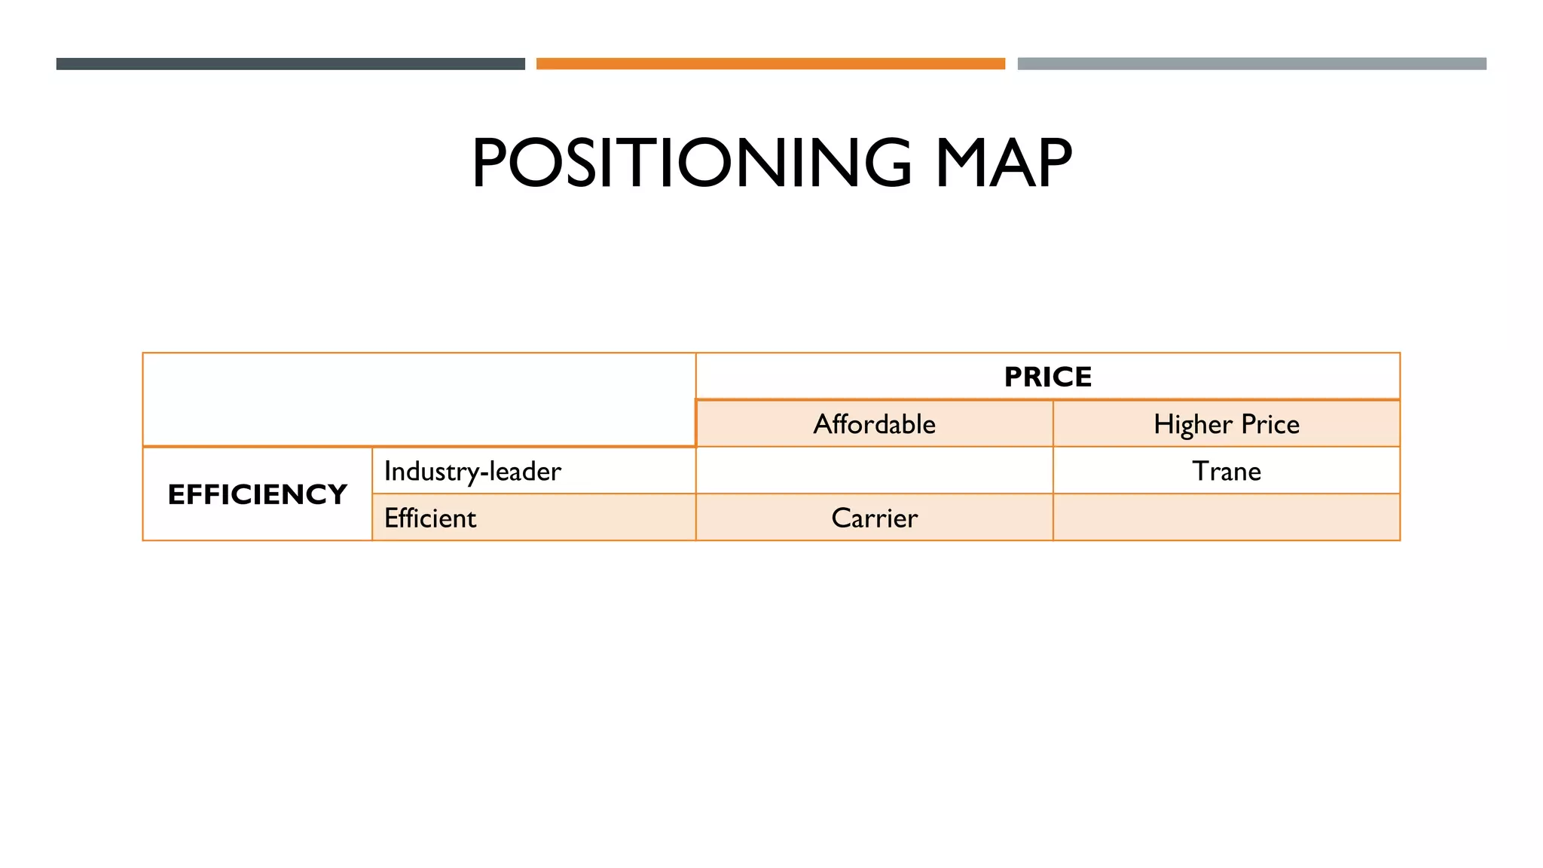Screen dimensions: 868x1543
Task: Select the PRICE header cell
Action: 1047,376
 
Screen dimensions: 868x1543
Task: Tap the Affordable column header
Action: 874,424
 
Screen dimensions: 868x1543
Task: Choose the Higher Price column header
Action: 1226,424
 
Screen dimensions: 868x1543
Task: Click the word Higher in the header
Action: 1193,425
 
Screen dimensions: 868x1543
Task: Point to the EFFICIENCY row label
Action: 257,494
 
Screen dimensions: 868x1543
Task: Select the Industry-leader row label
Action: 472,472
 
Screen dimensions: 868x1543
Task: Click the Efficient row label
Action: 430,518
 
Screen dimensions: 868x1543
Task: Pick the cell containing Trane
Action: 1226,472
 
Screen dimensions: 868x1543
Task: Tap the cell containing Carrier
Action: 874,518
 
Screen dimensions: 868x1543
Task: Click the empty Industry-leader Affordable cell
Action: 874,471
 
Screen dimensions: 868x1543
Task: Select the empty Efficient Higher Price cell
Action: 1226,518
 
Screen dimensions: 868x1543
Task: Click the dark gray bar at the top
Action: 290,64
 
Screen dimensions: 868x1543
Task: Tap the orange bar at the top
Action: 770,64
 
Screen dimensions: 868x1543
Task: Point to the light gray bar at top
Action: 1251,64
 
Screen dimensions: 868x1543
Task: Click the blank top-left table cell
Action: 419,399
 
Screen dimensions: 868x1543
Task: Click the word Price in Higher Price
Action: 1270,425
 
